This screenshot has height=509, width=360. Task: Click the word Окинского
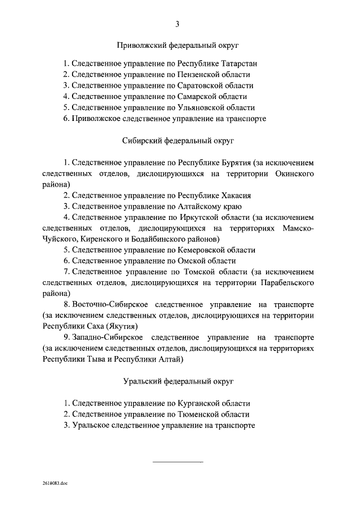click(x=296, y=174)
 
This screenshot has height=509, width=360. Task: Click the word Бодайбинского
click(x=151, y=239)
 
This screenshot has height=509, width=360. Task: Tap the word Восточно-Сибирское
click(x=105, y=304)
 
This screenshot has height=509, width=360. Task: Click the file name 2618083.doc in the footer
click(x=54, y=483)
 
